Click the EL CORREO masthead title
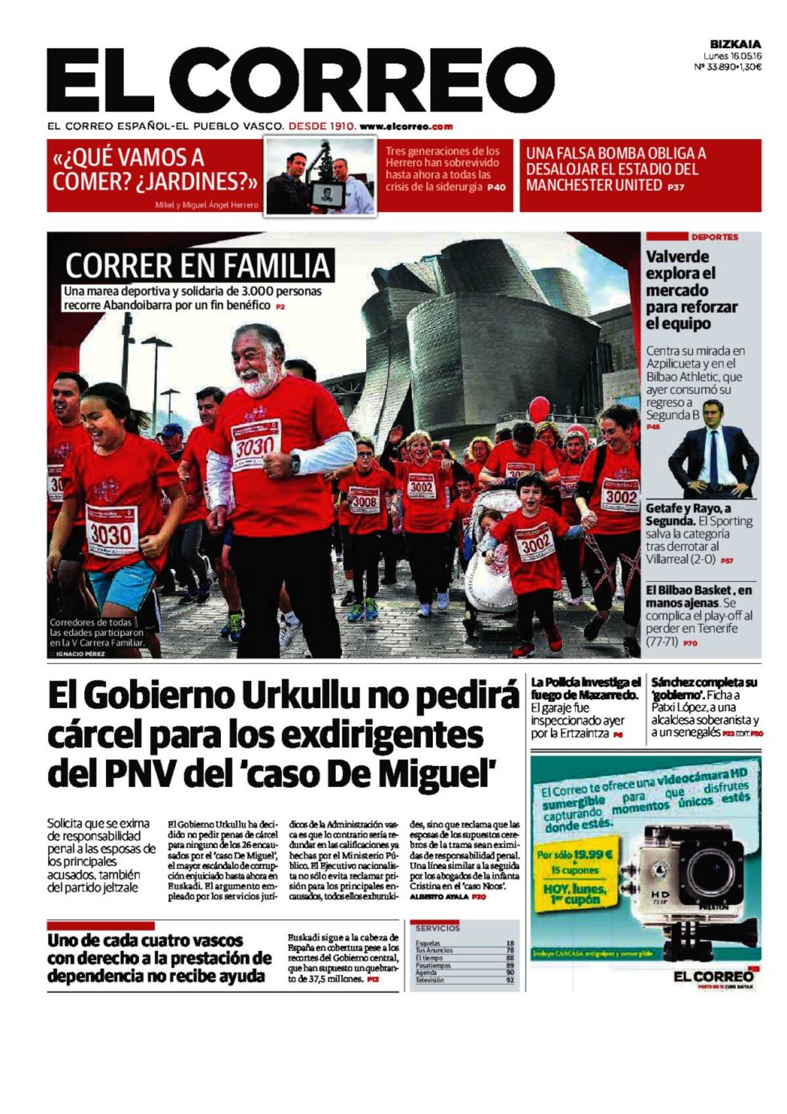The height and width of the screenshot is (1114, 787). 300,81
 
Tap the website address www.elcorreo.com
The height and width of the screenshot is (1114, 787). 406,126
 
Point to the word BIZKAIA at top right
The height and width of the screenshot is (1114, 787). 735,44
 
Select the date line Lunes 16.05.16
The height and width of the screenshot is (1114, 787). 732,56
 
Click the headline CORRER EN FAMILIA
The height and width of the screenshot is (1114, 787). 197,266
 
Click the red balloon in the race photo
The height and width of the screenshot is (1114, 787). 538,410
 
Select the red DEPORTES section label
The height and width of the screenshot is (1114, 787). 714,237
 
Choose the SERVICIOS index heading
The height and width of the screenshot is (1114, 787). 437,928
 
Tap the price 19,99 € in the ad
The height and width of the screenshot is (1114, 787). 592,855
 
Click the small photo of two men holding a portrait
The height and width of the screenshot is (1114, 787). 320,176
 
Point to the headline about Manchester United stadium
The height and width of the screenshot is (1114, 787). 616,169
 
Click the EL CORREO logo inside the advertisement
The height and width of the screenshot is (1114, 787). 713,977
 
